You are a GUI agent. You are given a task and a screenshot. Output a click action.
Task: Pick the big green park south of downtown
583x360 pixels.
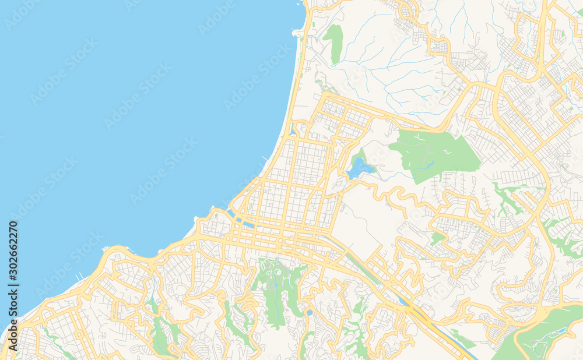point(279,285)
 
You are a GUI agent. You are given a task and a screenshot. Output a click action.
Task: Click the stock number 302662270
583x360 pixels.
point(13,253)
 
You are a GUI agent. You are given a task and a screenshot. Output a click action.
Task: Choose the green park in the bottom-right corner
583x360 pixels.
point(542,335)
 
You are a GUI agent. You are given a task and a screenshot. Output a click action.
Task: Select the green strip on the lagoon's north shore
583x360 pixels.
point(358,156)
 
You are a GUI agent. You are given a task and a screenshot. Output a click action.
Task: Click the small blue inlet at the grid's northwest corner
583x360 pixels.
point(292,131)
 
